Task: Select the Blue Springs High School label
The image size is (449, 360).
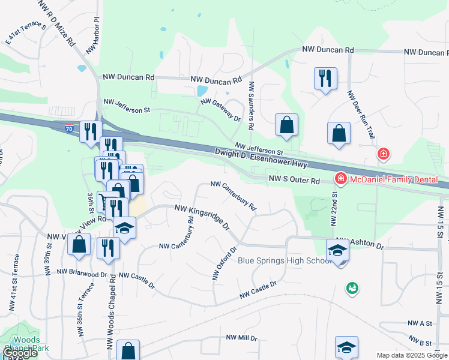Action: (x=285, y=260)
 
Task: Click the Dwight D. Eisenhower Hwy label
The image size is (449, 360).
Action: (x=261, y=159)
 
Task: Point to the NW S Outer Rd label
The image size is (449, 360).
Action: (x=294, y=179)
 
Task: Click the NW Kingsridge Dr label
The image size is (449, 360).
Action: (x=202, y=217)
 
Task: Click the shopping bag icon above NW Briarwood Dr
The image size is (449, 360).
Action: (x=79, y=245)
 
